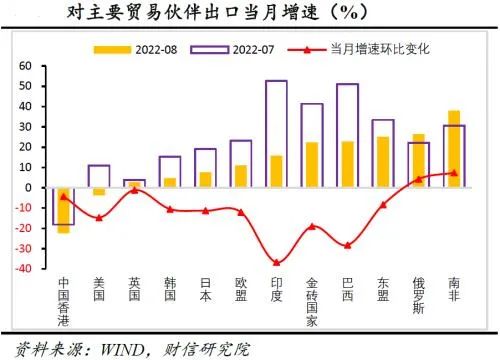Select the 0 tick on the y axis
coord(30,187)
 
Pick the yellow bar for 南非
coord(426,150)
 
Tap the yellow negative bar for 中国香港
coord(63,210)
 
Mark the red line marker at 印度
coord(276,262)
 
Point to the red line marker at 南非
coord(426,173)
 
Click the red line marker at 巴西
coord(348,245)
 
